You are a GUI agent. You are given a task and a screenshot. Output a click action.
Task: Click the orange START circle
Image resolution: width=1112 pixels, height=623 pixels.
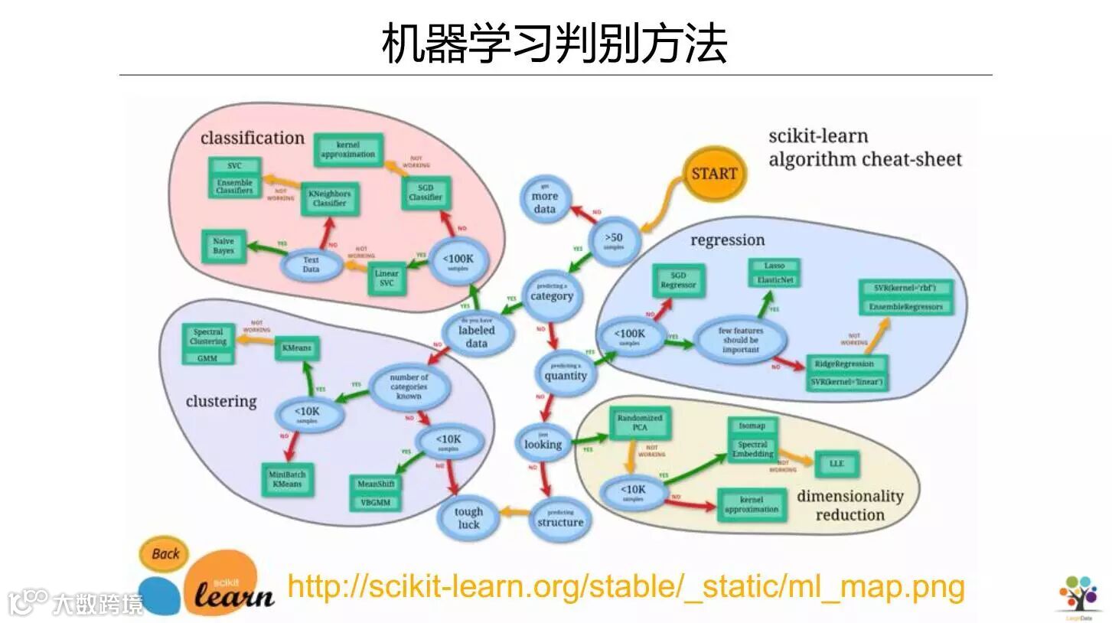tap(713, 174)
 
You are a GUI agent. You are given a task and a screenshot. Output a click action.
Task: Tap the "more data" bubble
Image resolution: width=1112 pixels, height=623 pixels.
tap(544, 201)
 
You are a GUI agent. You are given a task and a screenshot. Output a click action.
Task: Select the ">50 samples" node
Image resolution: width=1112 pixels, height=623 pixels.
tap(614, 239)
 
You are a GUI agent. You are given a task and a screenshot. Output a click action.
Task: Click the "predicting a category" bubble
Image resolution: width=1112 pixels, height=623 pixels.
tap(551, 294)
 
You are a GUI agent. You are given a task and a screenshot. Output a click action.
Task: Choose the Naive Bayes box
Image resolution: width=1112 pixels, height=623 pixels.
tap(223, 246)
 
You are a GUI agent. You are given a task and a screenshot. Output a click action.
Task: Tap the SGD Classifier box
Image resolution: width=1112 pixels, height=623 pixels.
tap(426, 192)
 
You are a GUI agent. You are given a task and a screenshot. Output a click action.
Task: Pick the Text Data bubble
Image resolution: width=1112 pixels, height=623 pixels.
tap(311, 265)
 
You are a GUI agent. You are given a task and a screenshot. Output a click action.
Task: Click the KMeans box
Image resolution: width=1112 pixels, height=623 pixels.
tap(296, 348)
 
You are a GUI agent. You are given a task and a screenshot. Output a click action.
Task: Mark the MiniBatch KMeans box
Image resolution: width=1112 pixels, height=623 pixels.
tap(287, 480)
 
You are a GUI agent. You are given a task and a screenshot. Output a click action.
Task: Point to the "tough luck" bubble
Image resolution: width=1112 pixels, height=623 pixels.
tap(468, 518)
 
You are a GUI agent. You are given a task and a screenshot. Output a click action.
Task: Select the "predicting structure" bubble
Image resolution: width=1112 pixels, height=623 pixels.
tap(559, 520)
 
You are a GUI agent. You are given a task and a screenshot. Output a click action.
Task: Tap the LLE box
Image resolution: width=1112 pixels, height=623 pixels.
tap(836, 464)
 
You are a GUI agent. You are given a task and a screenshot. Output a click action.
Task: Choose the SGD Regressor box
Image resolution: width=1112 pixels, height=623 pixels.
tap(678, 280)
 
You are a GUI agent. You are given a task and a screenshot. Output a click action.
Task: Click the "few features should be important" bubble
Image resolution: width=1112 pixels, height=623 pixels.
tap(740, 341)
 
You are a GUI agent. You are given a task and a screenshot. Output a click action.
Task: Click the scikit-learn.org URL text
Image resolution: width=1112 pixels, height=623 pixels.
tap(625, 587)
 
